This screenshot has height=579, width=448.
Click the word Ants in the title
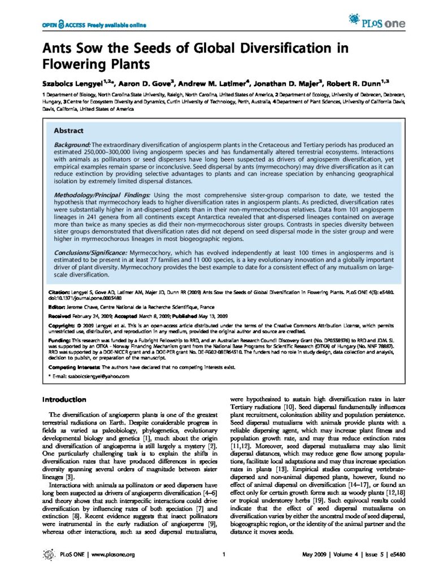[57, 47]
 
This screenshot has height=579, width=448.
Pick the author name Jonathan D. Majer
[250, 81]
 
